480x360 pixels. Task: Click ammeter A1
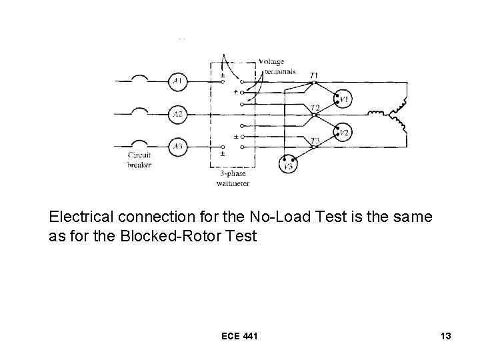(178, 82)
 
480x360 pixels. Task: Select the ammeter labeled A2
(178, 115)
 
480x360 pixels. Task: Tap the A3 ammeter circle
(178, 146)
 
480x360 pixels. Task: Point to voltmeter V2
(344, 133)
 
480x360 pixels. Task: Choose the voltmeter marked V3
(288, 165)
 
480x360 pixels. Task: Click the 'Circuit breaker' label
(139, 160)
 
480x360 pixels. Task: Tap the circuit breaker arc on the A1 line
(141, 79)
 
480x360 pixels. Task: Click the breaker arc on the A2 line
(141, 111)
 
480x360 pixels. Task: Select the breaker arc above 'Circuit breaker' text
(141, 143)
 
